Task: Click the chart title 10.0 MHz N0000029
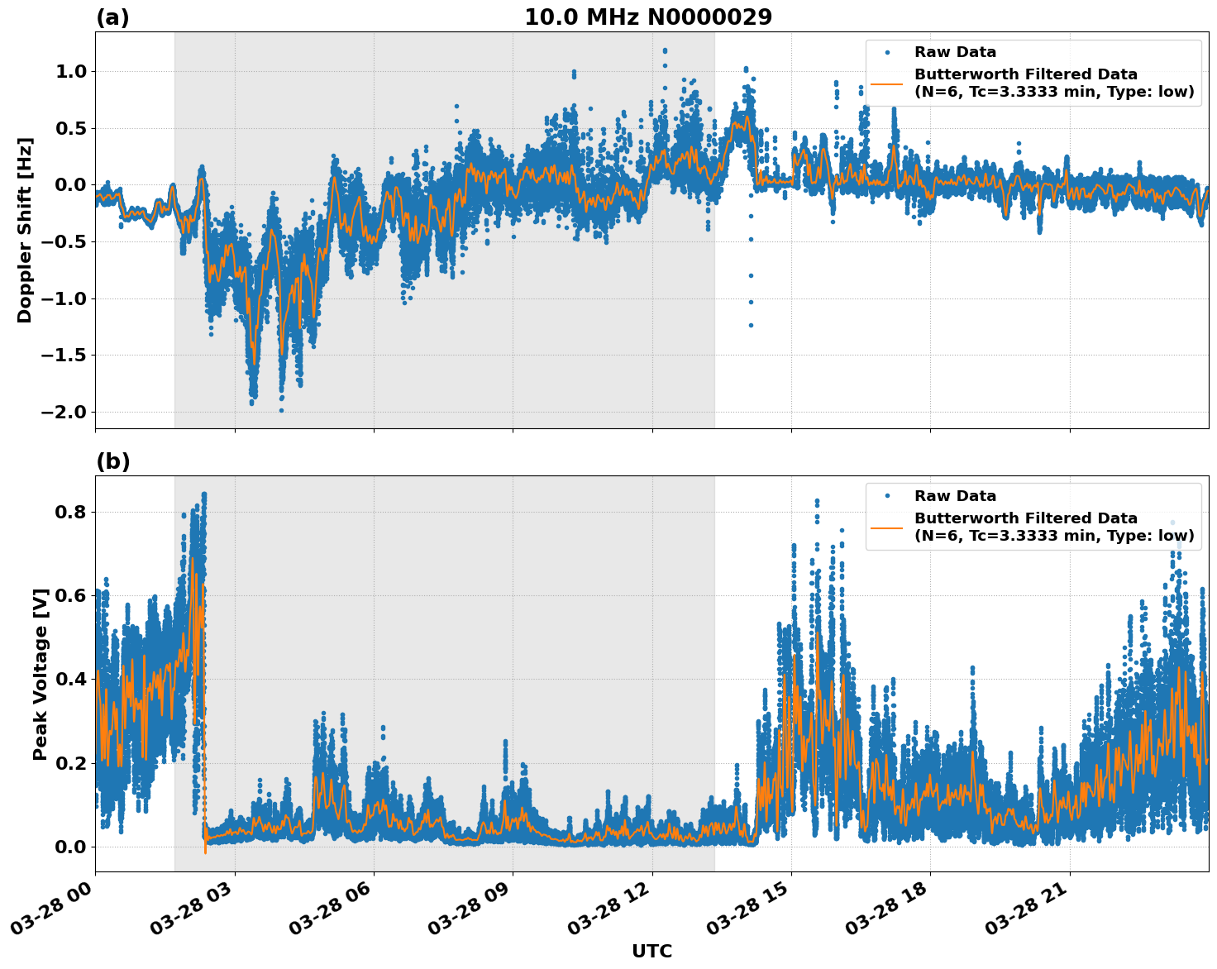pos(648,17)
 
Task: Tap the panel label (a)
pos(112,17)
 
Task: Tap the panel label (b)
pos(112,461)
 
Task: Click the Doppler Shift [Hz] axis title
pos(25,230)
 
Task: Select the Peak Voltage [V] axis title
pos(41,674)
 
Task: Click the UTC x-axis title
pos(651,951)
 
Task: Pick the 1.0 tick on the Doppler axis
pos(70,72)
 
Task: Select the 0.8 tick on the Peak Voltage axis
pos(70,513)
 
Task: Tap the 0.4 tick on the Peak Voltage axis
pos(70,680)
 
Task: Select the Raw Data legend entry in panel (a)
pos(955,53)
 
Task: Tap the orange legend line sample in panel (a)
pos(887,84)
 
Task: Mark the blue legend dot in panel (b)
pos(887,496)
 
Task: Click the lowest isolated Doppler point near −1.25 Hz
pos(751,325)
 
